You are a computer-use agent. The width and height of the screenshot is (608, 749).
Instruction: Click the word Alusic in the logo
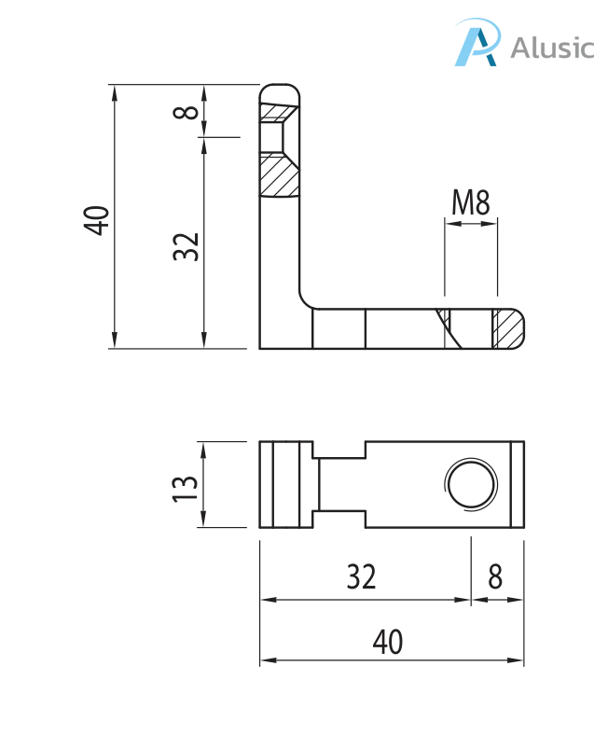[553, 48]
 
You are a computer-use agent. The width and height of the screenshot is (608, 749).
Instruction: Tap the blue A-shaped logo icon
[477, 42]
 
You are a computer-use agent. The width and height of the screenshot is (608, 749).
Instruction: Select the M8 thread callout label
[470, 202]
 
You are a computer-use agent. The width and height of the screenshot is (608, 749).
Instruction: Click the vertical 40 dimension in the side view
[96, 220]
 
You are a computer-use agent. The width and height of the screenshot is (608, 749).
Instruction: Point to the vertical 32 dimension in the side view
[186, 246]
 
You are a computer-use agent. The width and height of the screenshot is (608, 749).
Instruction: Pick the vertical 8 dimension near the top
[186, 112]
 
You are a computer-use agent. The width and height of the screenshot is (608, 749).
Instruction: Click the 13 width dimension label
[185, 488]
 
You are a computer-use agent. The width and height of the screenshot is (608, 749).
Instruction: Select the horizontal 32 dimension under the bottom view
[361, 576]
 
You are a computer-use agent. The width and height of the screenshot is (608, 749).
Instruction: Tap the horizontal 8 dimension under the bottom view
[495, 576]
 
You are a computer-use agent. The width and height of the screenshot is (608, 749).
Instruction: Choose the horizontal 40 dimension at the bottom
[388, 642]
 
